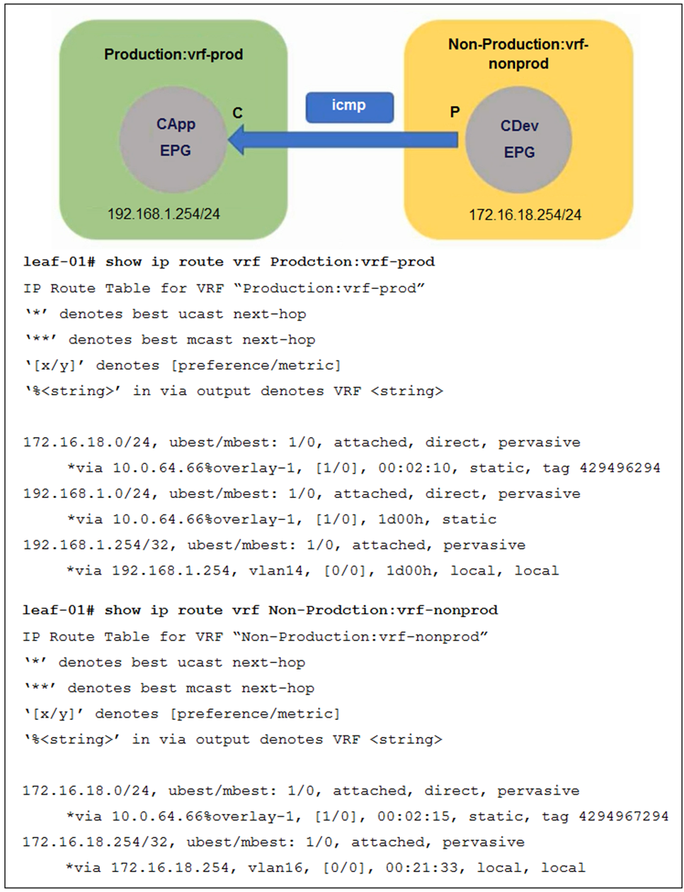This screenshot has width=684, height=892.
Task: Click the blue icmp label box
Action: [349, 106]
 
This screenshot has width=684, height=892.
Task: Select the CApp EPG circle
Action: [174, 139]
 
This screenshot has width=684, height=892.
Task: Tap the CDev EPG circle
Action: [519, 140]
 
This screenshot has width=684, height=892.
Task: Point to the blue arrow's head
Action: [238, 140]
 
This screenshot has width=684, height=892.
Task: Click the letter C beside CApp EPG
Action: [237, 113]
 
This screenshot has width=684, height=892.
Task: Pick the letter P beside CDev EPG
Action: [455, 112]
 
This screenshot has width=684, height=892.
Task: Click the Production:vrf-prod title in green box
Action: [173, 55]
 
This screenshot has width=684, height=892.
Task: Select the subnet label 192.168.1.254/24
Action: [164, 214]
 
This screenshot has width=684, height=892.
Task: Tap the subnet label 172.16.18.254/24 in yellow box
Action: [525, 215]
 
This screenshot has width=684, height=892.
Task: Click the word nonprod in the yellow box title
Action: [518, 64]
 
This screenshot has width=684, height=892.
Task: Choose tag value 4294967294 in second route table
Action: [623, 816]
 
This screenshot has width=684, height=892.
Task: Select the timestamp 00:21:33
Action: [422, 867]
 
